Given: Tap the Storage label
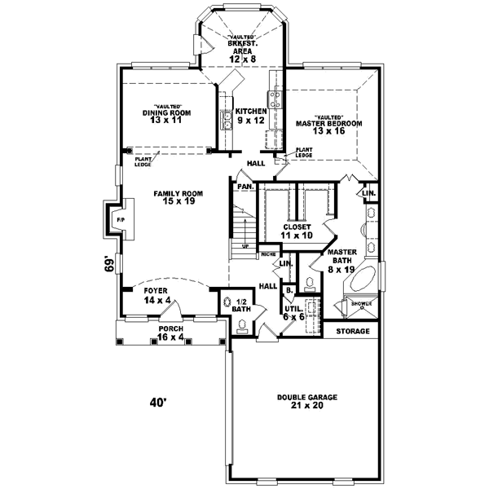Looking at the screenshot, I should pos(352,332).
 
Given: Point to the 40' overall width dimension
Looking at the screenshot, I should pos(156,402).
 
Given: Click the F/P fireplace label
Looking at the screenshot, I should pos(120,220).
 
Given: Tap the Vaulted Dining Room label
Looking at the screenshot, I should pos(166,115).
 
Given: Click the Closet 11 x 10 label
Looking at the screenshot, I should pos(298,231).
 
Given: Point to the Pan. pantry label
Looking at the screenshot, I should pos(244,187).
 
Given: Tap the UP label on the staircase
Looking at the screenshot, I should pos(244,244).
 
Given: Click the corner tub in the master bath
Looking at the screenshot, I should pos(359,282).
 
